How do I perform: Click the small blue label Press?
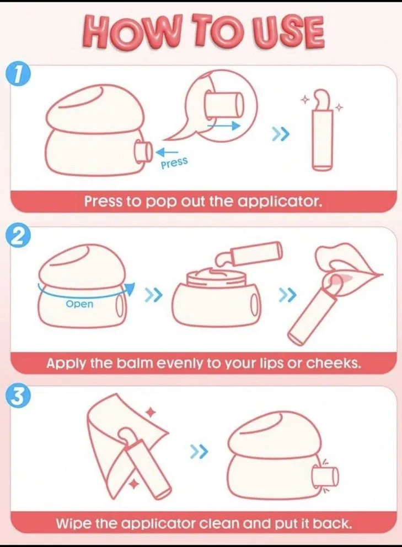coord(174,162)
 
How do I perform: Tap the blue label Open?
coord(80,304)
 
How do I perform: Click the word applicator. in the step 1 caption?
coord(279,202)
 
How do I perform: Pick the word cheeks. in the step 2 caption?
coord(333,363)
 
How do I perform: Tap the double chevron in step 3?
coord(199,452)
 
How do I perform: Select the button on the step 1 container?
coord(143,151)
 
